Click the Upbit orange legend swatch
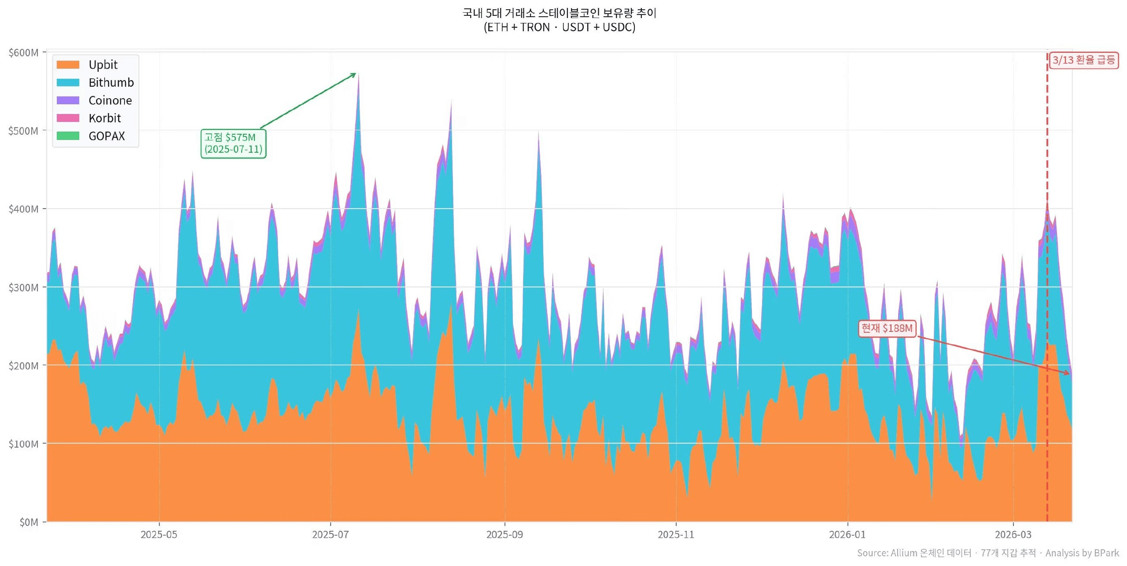pos(68,65)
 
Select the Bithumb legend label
pos(111,83)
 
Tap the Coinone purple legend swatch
pos(68,100)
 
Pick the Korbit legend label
pos(104,118)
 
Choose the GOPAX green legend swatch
pos(68,136)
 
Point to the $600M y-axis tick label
pos(23,53)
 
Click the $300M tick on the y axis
pos(23,288)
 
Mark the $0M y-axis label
pos(29,522)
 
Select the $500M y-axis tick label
pos(23,131)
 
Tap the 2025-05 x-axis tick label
pos(158,535)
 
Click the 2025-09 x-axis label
pos(505,535)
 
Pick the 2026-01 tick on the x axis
pos(847,535)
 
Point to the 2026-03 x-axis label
pos(1013,535)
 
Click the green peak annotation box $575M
pos(233,143)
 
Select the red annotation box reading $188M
pos(887,328)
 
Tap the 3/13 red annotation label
pos(1083,60)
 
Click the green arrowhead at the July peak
pos(354,75)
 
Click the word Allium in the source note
pos(904,553)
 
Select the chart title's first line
pos(559,13)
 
